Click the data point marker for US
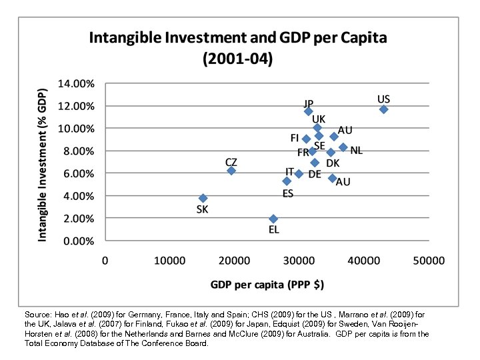[x=383, y=109]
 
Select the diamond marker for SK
[x=203, y=198]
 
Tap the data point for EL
[x=273, y=219]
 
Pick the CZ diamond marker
[x=231, y=171]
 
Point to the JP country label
[x=309, y=103]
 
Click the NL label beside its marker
[x=357, y=151]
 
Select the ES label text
[x=288, y=194]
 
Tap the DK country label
[x=333, y=163]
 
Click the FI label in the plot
[x=294, y=138]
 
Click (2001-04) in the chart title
[x=238, y=59]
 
